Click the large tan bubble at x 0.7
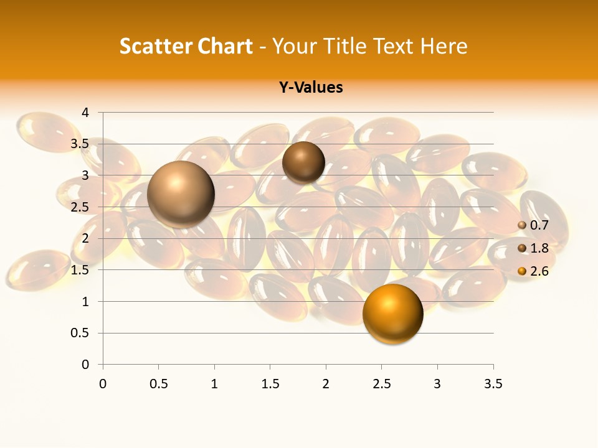pos(181,194)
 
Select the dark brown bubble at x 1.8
pos(303,162)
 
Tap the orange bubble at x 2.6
pos(392,314)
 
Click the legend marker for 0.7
pos(522,225)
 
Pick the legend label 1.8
pos(539,248)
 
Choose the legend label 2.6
pos(539,271)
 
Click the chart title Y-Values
pos(311,88)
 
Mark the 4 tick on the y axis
pos(86,113)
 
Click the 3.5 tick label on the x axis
pos(493,384)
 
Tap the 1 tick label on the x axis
pos(214,384)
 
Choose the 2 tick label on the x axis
pos(326,384)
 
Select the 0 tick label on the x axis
pos(103,384)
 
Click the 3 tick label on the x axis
pos(437,384)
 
